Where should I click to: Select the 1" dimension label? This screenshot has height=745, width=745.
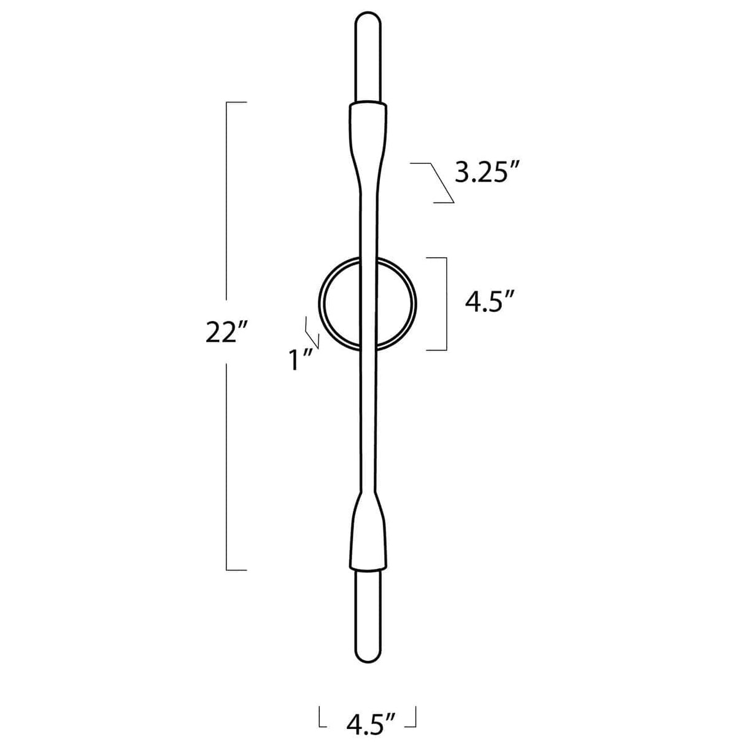[x=301, y=360]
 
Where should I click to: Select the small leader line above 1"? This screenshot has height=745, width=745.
[x=312, y=331]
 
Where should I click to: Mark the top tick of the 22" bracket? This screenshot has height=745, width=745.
[x=237, y=102]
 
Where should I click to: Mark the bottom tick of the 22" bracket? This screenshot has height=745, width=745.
[x=237, y=569]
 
